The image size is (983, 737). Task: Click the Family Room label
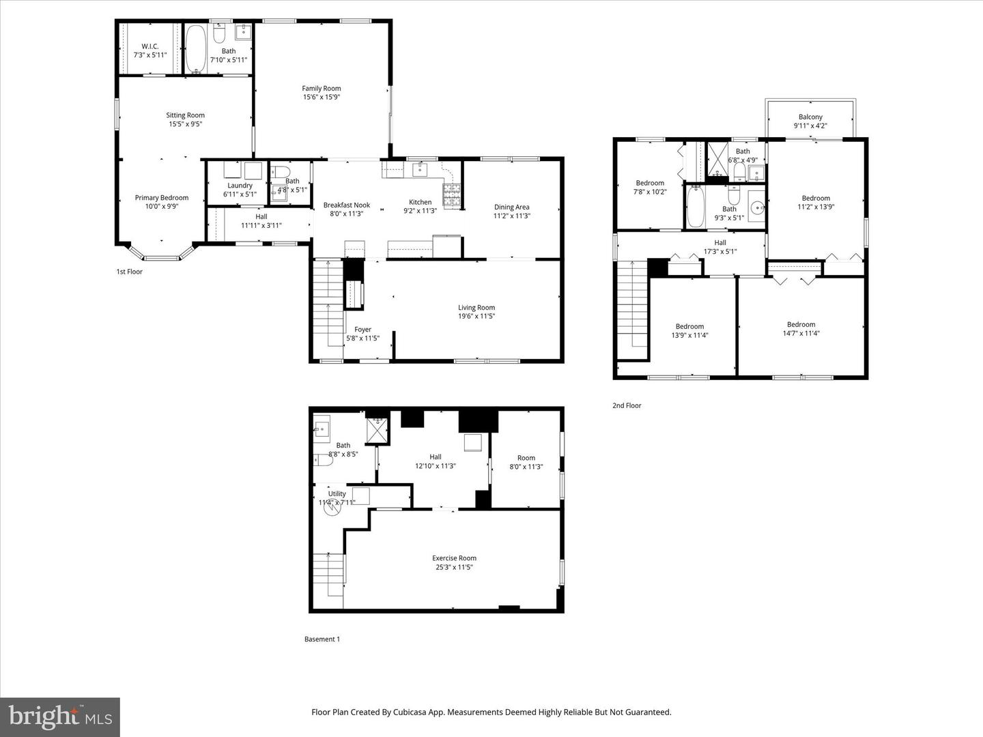[x=322, y=88]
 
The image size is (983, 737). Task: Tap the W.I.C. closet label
[x=150, y=46]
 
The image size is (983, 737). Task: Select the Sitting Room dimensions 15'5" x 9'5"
[x=186, y=124]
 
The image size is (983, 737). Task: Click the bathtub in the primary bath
[x=196, y=49]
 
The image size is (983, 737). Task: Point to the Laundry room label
[x=240, y=186]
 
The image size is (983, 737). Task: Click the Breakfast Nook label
[x=347, y=205]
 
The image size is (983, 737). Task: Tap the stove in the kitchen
[x=452, y=197]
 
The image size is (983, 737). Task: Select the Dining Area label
[x=512, y=207]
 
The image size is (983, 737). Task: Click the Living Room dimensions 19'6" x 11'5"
[x=476, y=316]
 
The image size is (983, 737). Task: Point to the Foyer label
[x=362, y=330]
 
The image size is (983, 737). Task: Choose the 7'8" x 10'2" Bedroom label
[x=650, y=183]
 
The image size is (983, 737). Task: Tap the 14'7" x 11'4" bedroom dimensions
[x=801, y=334]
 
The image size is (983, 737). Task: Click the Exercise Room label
[x=454, y=558]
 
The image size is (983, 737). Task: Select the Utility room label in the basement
[x=337, y=493]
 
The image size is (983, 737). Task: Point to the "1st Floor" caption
[x=129, y=272]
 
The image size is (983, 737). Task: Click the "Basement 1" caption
[x=322, y=639]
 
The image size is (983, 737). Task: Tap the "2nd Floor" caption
[x=627, y=405]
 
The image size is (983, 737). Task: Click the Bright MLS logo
[x=60, y=717]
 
